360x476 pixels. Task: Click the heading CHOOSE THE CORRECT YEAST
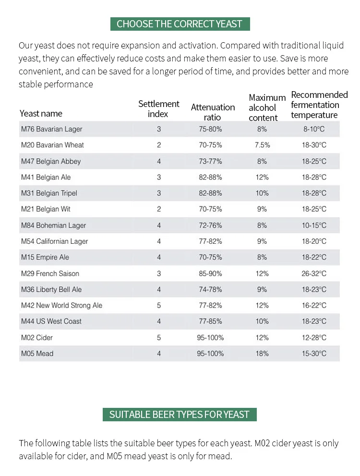point(180,24)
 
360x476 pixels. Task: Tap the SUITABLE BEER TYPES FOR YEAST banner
point(180,415)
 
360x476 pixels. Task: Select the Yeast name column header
point(41,114)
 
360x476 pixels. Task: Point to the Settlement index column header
point(158,108)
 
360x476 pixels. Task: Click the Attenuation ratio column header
point(213,112)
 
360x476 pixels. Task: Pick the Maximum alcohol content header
point(267,107)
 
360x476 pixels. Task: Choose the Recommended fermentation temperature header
point(319,105)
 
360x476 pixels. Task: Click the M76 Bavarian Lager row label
point(52,129)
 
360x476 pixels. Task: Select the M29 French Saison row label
point(50,274)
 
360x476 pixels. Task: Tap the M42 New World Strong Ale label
point(61,305)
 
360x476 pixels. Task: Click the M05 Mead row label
point(37,353)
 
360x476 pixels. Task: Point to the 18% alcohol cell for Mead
point(262,353)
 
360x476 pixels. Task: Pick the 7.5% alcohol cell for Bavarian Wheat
point(262,145)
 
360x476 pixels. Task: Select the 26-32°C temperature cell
point(314,274)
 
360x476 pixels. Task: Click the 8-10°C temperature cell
point(314,129)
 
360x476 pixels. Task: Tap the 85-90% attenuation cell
point(210,274)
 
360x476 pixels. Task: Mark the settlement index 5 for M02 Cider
point(158,338)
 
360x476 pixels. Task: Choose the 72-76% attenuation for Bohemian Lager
point(210,225)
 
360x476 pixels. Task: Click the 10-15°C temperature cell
point(314,225)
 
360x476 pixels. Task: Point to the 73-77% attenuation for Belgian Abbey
point(210,161)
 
